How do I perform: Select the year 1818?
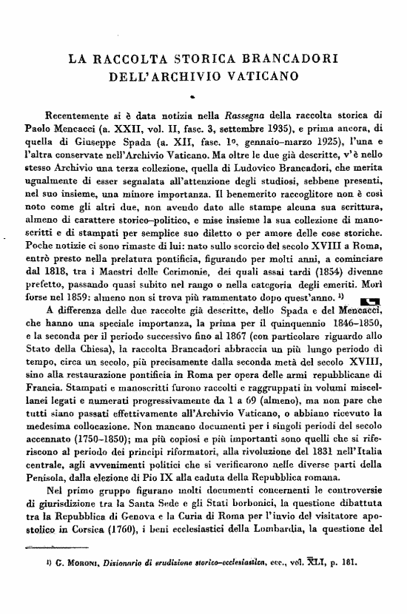coord(62,257)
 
